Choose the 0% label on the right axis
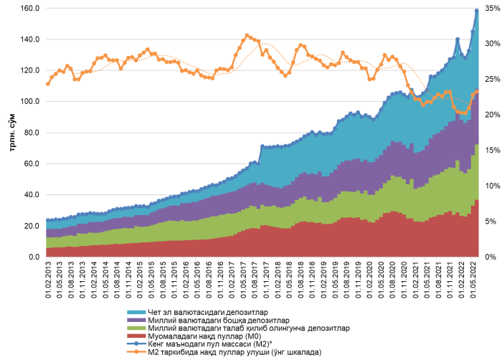(x=488, y=257)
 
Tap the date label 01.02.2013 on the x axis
(x=48, y=283)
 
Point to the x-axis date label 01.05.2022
(x=474, y=283)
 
